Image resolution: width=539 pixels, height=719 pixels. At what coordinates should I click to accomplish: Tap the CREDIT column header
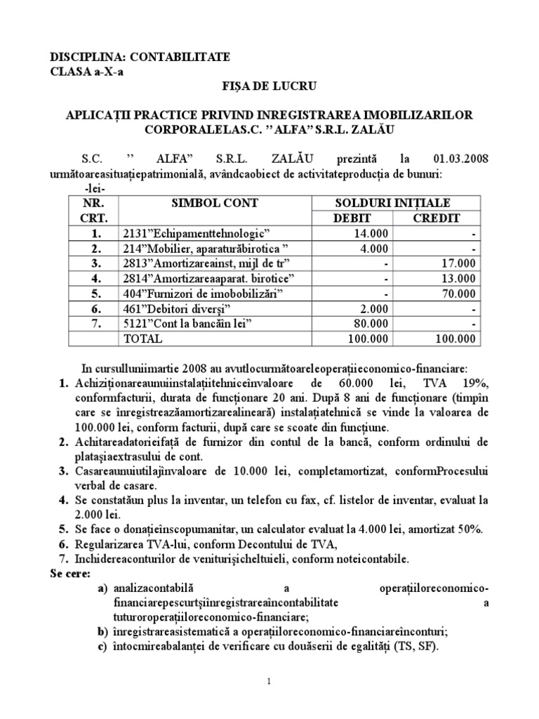pyautogui.click(x=436, y=218)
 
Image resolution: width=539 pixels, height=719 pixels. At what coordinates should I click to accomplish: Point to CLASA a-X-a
pyautogui.click(x=85, y=72)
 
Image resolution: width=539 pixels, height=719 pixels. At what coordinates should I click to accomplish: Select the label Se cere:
pyautogui.click(x=69, y=574)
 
